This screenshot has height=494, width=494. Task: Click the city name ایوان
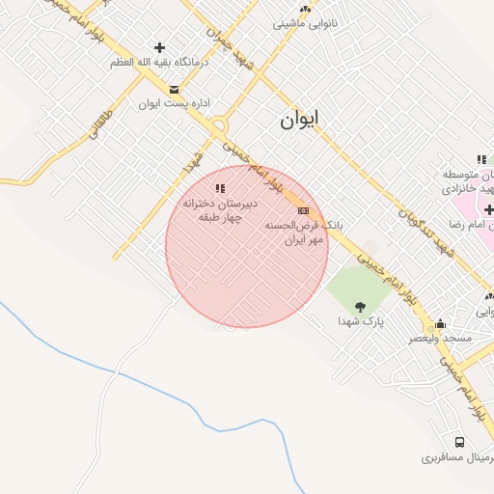(x=299, y=120)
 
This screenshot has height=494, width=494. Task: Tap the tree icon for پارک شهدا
(x=360, y=307)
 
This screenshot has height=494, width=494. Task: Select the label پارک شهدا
(x=360, y=321)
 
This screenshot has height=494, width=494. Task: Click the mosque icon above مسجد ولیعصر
(x=441, y=324)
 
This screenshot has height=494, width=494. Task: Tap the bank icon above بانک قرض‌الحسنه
(x=303, y=210)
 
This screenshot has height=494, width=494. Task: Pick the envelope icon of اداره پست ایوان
(x=174, y=89)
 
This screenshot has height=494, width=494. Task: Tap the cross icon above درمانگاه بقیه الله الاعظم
(x=159, y=47)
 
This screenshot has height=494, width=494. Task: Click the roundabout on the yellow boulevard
(x=220, y=124)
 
